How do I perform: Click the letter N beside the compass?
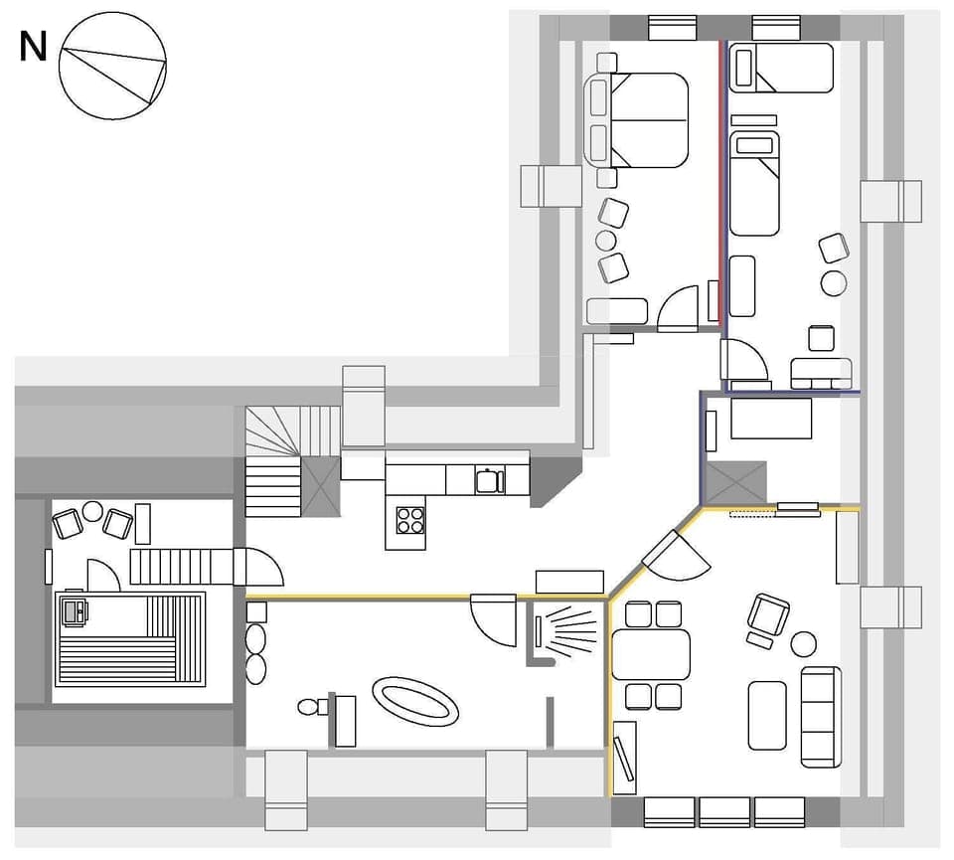(33, 47)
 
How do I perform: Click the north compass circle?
(112, 68)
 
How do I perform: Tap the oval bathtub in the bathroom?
(415, 700)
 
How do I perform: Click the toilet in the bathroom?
(311, 707)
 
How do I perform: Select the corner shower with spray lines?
(561, 630)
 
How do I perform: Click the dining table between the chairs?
(651, 654)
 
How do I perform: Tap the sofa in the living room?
(821, 716)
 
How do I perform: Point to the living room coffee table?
(767, 715)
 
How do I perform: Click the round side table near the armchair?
(803, 644)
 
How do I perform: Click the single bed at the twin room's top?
(781, 69)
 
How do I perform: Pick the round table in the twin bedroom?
(834, 283)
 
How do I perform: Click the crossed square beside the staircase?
(321, 485)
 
